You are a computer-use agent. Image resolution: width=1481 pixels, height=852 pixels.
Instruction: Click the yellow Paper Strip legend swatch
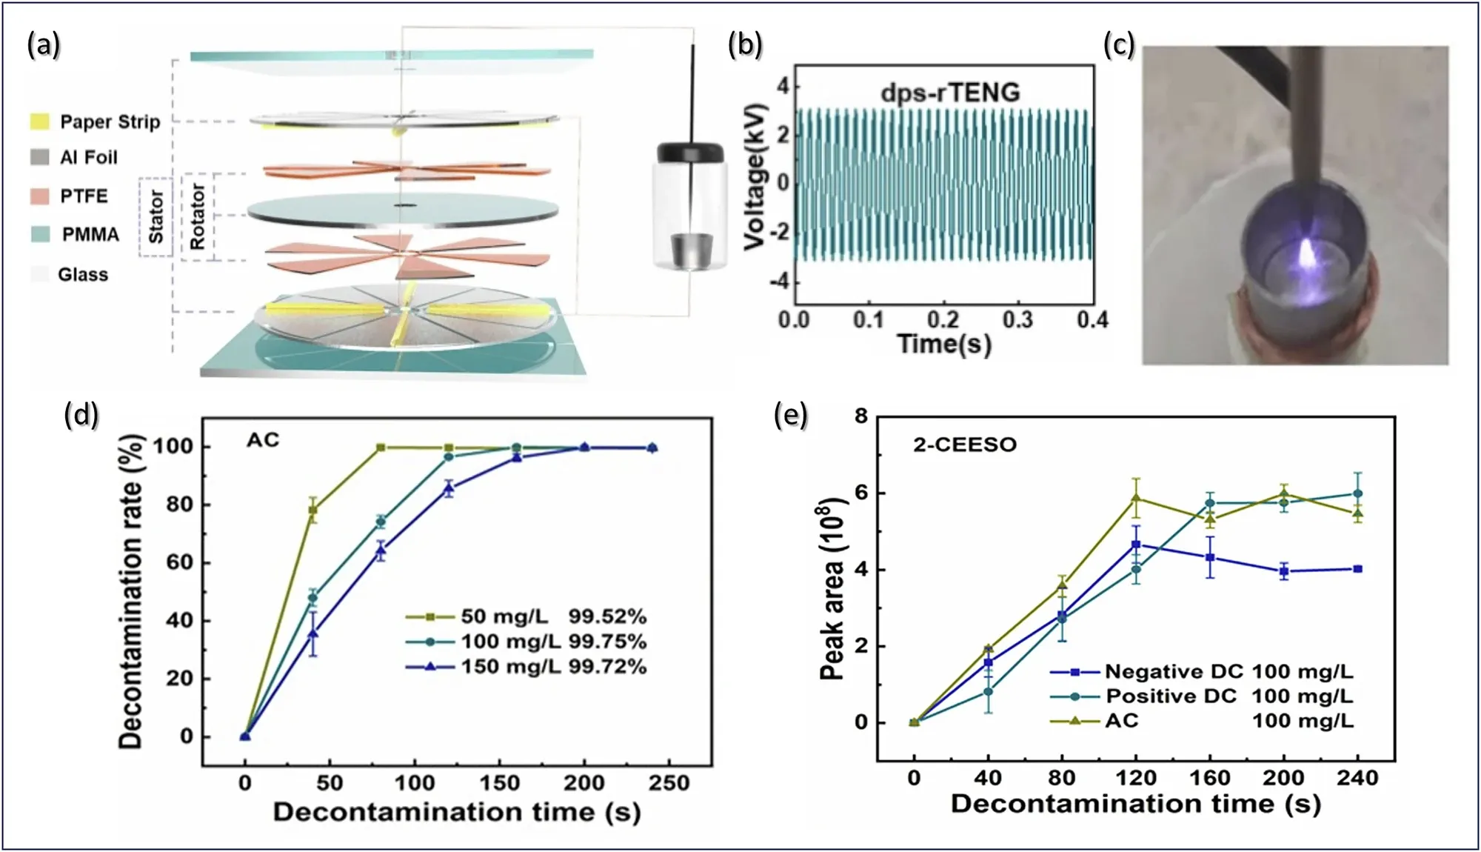click(40, 122)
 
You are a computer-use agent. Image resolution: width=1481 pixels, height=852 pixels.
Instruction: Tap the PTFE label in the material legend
click(84, 196)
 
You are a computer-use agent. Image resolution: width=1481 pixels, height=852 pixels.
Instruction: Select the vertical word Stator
click(156, 216)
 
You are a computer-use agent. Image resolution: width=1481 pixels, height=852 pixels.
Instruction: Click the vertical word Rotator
click(197, 216)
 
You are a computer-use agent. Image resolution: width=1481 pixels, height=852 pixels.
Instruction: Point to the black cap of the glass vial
click(689, 151)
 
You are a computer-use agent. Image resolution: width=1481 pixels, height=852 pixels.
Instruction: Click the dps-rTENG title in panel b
click(950, 92)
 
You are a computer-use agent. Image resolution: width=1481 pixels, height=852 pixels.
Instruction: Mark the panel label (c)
click(1118, 45)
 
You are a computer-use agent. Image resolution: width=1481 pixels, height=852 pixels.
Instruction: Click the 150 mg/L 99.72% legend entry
click(526, 667)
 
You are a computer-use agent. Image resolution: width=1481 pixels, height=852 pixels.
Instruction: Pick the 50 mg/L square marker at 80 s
click(381, 447)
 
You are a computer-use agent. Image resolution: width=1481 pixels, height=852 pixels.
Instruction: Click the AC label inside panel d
click(263, 441)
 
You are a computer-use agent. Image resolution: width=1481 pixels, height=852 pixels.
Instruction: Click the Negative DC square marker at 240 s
click(1357, 569)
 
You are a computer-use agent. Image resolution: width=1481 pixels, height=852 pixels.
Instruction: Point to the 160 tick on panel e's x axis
click(1209, 778)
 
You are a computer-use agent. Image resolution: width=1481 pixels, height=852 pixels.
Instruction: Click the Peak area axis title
click(832, 589)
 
